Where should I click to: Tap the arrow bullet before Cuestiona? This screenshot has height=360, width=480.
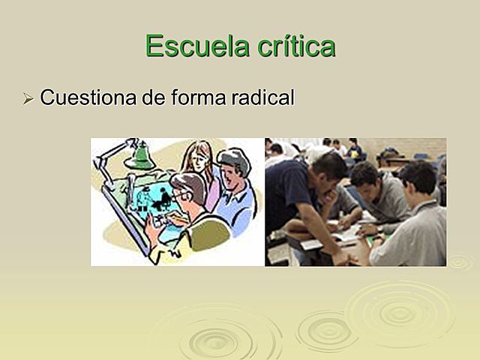(x=28, y=99)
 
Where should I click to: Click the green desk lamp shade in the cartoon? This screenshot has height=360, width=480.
(x=139, y=158)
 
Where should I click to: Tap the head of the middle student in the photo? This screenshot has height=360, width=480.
(x=365, y=177)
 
